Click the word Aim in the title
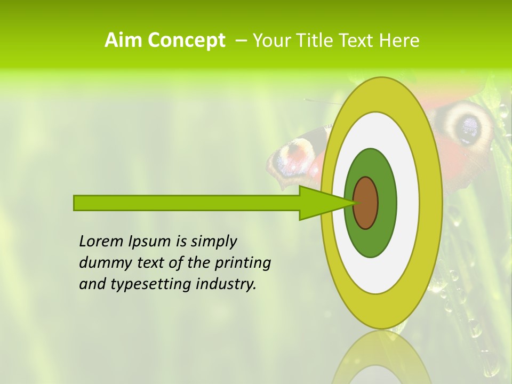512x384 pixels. (124, 41)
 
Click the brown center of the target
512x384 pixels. (366, 203)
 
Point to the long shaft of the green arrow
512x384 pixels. (187, 203)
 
